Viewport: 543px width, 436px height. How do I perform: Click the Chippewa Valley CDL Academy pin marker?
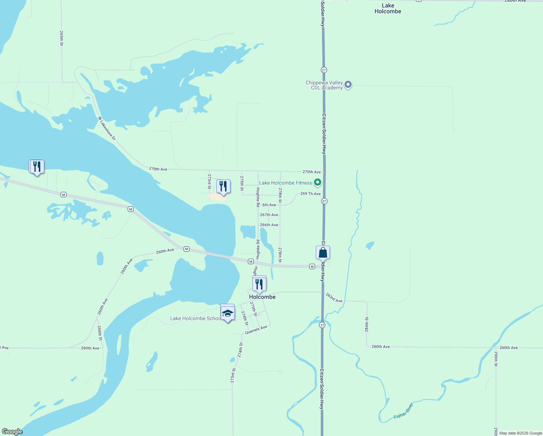tap(348, 85)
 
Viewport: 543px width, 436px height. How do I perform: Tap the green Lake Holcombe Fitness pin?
tap(318, 182)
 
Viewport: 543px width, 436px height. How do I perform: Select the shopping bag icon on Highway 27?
tap(323, 252)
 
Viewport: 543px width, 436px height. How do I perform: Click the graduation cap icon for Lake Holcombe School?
tap(228, 313)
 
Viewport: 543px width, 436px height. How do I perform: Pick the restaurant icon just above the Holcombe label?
tap(259, 284)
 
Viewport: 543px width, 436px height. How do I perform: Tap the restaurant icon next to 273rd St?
tap(223, 186)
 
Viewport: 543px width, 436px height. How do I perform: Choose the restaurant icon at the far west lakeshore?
tap(37, 167)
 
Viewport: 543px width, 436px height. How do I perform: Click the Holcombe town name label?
tap(262, 297)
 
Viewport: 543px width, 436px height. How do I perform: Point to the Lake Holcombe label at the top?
tap(388, 8)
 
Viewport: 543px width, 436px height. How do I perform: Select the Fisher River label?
tap(404, 411)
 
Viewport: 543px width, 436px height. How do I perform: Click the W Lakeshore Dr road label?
tap(107, 128)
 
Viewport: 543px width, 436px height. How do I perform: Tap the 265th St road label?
tap(61, 38)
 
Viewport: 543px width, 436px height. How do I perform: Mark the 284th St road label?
tap(367, 324)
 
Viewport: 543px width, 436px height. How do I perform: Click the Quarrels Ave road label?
tap(256, 330)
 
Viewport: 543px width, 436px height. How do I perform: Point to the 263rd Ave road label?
tap(334, 298)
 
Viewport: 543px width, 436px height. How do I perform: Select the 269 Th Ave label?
tap(310, 194)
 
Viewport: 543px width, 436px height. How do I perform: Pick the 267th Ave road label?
tap(269, 215)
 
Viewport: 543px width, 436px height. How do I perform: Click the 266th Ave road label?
tap(269, 225)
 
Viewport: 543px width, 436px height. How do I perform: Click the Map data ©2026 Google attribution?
tap(520, 433)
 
